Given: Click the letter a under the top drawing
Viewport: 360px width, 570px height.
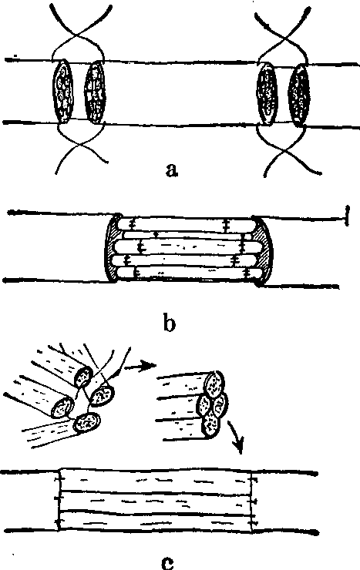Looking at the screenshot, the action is (172, 169).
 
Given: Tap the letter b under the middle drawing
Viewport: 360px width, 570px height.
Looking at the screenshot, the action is (169, 323).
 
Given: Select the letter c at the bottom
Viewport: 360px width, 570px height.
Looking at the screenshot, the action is (167, 562).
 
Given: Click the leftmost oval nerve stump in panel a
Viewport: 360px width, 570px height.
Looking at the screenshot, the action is (63, 91).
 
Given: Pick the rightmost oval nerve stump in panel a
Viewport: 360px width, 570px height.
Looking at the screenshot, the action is (299, 96).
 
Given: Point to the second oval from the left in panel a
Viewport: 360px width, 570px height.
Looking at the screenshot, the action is (95, 91).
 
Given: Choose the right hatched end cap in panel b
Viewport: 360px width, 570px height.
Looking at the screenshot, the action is (263, 251).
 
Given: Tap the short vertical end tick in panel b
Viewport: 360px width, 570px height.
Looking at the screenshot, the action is (347, 216).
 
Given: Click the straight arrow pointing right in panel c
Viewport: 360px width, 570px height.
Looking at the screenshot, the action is (140, 365).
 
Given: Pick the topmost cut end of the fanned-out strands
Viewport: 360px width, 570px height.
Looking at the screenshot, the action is (83, 377).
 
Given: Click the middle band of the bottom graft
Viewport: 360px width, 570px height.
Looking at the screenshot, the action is (156, 502).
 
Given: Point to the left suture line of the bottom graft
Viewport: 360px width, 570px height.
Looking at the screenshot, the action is (59, 499).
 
